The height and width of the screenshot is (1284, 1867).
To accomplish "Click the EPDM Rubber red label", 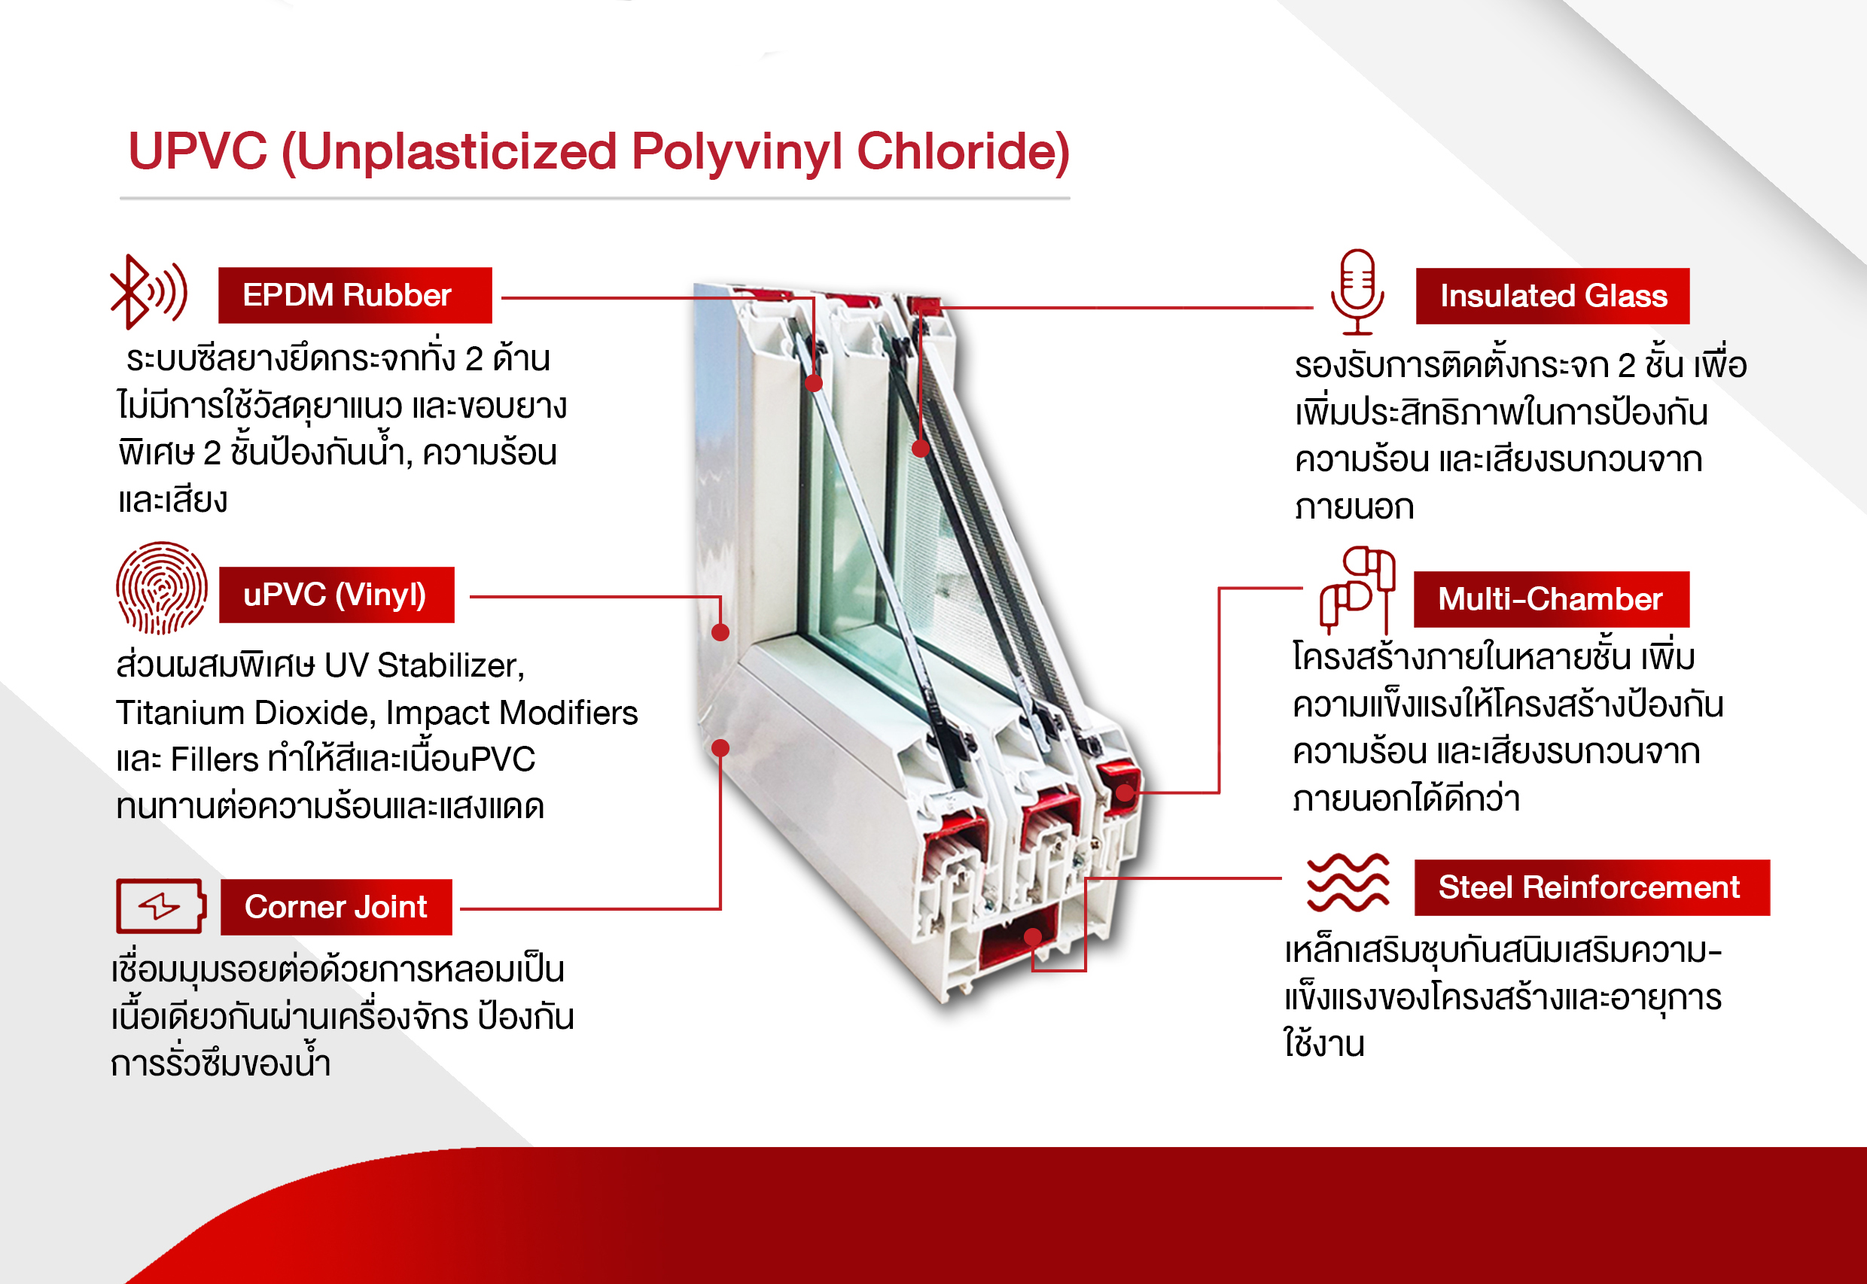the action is [355, 295].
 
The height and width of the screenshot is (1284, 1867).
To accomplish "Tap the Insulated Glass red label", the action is [1552, 296].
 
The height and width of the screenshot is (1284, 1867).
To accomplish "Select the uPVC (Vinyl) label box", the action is [337, 595].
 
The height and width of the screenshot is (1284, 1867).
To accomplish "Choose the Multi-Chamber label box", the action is [1551, 599].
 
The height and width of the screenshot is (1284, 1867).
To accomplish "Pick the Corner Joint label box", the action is [337, 907].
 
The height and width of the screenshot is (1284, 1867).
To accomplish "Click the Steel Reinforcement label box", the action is [1591, 887].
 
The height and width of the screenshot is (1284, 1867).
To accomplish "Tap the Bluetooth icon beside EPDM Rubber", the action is [149, 292].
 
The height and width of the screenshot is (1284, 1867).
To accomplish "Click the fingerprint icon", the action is [161, 587].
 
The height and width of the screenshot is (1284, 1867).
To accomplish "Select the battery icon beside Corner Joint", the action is [161, 906].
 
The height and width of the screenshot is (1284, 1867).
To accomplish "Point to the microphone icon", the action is [1357, 291].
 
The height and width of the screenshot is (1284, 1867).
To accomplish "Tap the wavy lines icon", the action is [1348, 882].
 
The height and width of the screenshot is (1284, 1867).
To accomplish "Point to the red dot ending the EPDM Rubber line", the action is [814, 383].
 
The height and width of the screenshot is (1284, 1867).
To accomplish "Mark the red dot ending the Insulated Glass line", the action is [921, 449].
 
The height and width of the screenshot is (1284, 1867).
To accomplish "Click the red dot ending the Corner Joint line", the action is [721, 748].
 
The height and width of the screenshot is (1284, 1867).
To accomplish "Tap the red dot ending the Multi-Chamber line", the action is [1124, 793].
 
